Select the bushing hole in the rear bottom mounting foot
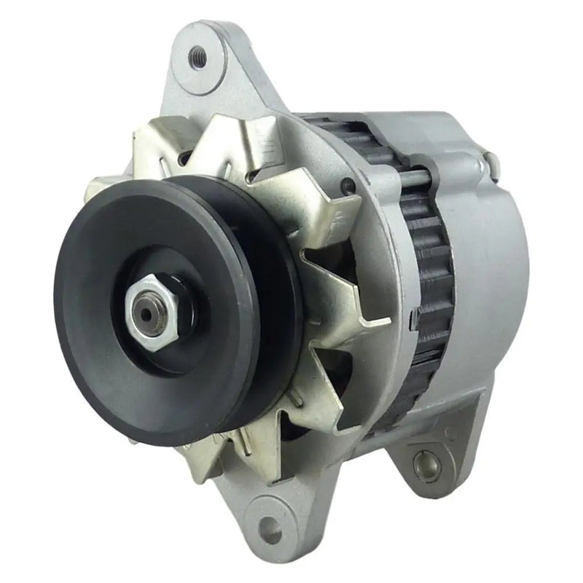click(x=421, y=463)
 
